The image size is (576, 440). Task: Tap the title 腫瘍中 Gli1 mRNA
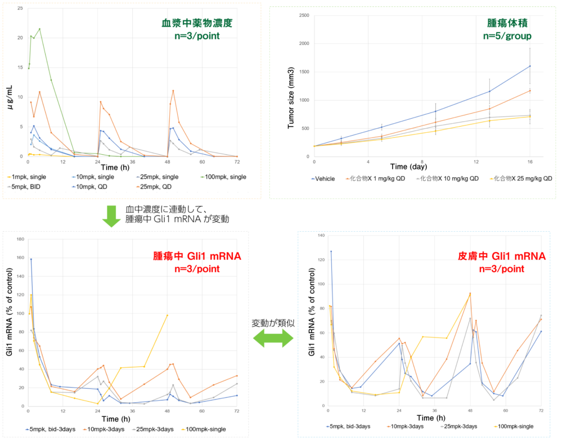[x=197, y=257]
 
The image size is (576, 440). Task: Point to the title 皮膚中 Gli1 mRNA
[x=502, y=257]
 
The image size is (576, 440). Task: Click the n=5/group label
[x=507, y=37]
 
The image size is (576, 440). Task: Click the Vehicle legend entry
[x=323, y=178]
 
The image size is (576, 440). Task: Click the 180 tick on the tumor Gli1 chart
[x=20, y=239]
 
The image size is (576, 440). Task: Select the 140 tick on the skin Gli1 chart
[x=322, y=235]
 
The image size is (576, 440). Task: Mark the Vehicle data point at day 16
[x=530, y=66]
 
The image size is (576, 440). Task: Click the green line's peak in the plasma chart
[x=39, y=29]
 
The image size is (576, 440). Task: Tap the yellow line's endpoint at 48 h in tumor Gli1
[x=167, y=315]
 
